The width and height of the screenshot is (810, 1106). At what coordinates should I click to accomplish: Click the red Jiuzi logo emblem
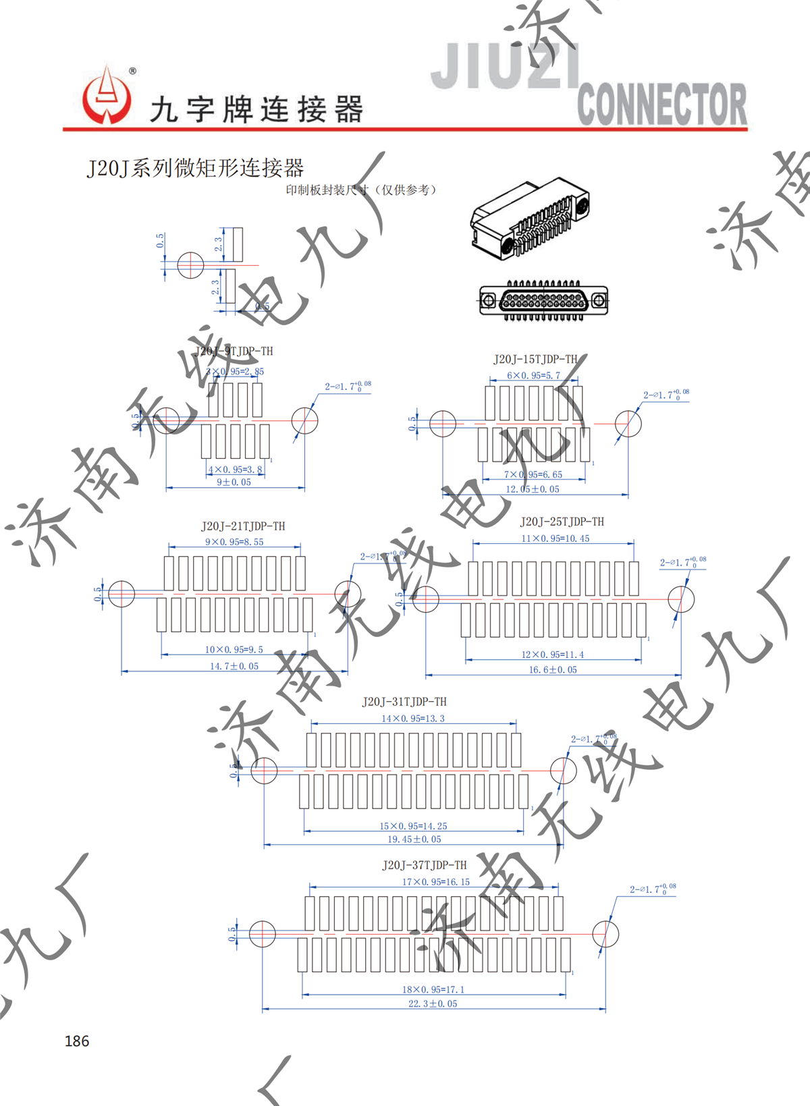[107, 96]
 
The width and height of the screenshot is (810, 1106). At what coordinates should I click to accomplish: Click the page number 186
[77, 1041]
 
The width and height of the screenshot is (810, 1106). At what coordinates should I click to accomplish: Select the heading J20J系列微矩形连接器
[195, 167]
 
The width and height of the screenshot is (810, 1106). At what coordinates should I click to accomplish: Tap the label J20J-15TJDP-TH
[535, 359]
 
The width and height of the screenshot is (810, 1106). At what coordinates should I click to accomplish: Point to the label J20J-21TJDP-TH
[243, 526]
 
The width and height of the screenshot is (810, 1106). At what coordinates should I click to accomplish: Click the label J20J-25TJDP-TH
[562, 522]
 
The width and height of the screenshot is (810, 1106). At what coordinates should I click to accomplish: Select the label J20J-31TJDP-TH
[404, 702]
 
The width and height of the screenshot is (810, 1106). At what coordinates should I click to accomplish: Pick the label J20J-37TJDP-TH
[424, 865]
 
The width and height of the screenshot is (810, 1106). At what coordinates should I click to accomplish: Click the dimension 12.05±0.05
[533, 489]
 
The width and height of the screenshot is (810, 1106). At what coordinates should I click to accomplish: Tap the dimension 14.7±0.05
[234, 666]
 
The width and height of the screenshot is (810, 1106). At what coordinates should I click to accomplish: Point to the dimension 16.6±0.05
[553, 669]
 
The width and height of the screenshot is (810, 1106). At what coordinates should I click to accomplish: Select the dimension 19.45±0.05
[414, 839]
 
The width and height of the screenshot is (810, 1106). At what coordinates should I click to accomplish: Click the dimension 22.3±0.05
[433, 1003]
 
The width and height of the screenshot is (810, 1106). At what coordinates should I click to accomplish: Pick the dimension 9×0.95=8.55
[234, 542]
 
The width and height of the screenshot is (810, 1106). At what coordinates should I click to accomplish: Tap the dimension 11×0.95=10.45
[555, 538]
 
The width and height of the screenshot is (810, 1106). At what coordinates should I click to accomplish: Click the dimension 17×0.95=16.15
[435, 882]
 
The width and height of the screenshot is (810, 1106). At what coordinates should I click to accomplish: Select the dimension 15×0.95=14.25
[413, 826]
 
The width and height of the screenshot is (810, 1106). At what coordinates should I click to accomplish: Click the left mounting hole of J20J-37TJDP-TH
[263, 934]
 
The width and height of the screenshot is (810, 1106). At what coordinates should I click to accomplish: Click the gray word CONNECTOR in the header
[661, 104]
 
